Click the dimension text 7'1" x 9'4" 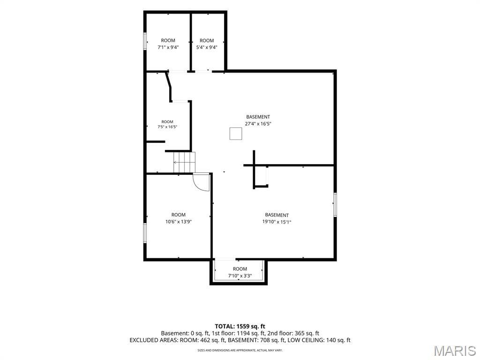tap(168, 47)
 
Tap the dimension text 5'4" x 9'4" tap(207, 47)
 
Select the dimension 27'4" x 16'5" tap(258, 124)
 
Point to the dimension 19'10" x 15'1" tap(277, 222)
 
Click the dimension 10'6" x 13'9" tap(179, 222)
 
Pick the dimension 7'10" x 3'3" tap(240, 276)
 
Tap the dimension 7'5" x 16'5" tap(167, 127)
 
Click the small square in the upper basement tap(236, 134)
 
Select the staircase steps tap(184, 162)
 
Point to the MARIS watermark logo tap(455, 351)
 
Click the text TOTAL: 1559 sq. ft tap(240, 326)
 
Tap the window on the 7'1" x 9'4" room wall tap(145, 41)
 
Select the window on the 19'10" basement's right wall tap(335, 205)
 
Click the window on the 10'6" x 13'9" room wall tap(145, 233)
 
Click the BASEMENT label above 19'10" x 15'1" tap(277, 215)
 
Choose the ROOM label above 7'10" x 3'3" tap(240, 269)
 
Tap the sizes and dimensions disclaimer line tap(240, 350)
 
